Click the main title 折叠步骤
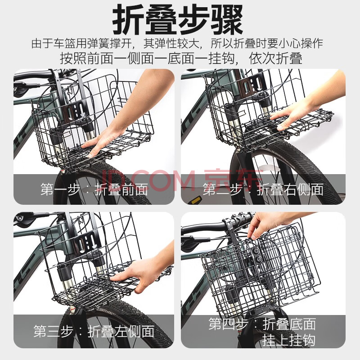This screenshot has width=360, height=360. click(x=178, y=19)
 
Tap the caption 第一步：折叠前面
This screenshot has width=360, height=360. click(x=94, y=189)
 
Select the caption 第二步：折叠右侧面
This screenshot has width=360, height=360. click(x=263, y=189)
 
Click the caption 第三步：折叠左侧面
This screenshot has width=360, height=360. click(x=94, y=331)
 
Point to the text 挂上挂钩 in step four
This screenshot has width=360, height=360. click(x=289, y=340)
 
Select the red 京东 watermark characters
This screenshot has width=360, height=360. click(x=233, y=180)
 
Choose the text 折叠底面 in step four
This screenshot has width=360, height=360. click(x=289, y=324)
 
